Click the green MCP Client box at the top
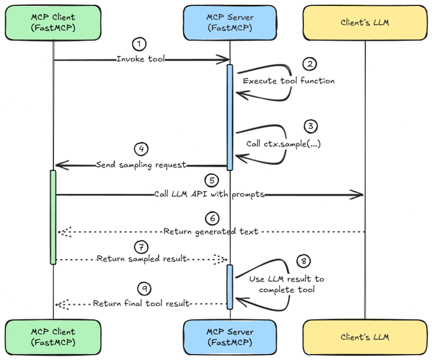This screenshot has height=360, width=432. [x=53, y=23]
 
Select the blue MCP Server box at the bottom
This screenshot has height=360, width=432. [x=230, y=337]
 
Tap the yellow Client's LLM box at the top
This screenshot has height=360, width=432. [x=365, y=23]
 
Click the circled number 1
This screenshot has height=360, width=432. [x=139, y=44]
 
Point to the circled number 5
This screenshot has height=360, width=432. [x=212, y=181]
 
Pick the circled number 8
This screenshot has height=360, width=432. [x=304, y=261]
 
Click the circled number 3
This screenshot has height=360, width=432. [x=311, y=126]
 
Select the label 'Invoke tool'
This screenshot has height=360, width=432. [x=140, y=59]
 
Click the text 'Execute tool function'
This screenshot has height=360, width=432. [x=289, y=81]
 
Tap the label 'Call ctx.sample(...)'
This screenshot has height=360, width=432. [x=283, y=144]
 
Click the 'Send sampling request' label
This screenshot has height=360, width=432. [x=141, y=165]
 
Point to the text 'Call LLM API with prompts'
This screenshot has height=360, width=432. [x=209, y=194]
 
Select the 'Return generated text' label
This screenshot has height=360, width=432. [x=211, y=232]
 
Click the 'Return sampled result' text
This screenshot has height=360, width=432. [x=142, y=259]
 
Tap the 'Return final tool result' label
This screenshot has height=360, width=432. [x=141, y=304]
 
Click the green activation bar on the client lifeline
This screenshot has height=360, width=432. [x=53, y=217]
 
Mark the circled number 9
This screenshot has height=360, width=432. [x=145, y=289]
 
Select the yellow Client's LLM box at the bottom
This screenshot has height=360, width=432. [x=365, y=337]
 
